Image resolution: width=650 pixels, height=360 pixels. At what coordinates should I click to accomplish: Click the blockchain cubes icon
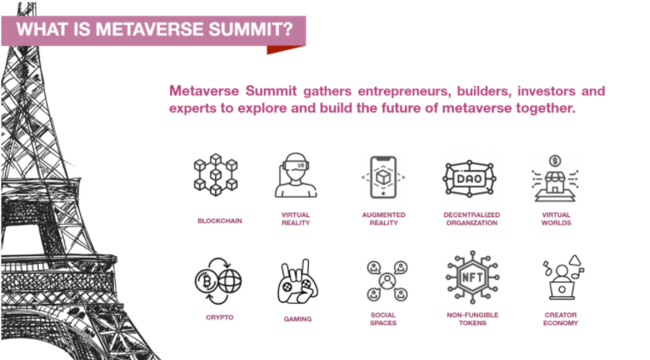(215, 174)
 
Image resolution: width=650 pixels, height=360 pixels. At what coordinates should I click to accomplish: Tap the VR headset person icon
(295, 175)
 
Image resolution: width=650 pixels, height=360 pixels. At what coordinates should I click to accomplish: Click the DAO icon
(470, 179)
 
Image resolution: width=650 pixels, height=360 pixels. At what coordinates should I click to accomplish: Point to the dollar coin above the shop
(555, 161)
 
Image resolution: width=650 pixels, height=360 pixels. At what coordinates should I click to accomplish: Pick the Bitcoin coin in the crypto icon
(207, 282)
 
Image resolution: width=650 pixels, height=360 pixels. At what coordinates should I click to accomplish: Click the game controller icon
(298, 281)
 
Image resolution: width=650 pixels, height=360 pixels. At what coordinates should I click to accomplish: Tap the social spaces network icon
(387, 281)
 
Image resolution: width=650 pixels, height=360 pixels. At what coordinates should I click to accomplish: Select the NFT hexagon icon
(472, 277)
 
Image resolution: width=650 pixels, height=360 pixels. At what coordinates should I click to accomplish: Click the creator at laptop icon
(563, 277)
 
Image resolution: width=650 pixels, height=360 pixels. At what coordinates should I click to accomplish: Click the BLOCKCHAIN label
(220, 221)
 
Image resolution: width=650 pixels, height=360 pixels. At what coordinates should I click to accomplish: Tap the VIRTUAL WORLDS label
(556, 219)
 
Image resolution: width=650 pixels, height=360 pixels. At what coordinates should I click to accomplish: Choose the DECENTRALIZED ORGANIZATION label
(471, 219)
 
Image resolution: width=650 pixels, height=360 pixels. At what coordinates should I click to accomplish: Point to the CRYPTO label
(220, 317)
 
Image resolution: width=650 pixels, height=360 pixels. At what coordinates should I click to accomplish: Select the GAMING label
(298, 319)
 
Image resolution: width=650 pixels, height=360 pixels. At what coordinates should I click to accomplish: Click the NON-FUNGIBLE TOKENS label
(472, 319)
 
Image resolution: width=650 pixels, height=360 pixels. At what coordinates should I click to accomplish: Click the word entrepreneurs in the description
(404, 91)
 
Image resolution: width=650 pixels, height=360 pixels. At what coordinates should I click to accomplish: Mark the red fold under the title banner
(285, 49)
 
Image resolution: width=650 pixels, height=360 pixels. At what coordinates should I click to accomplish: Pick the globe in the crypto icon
(230, 281)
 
